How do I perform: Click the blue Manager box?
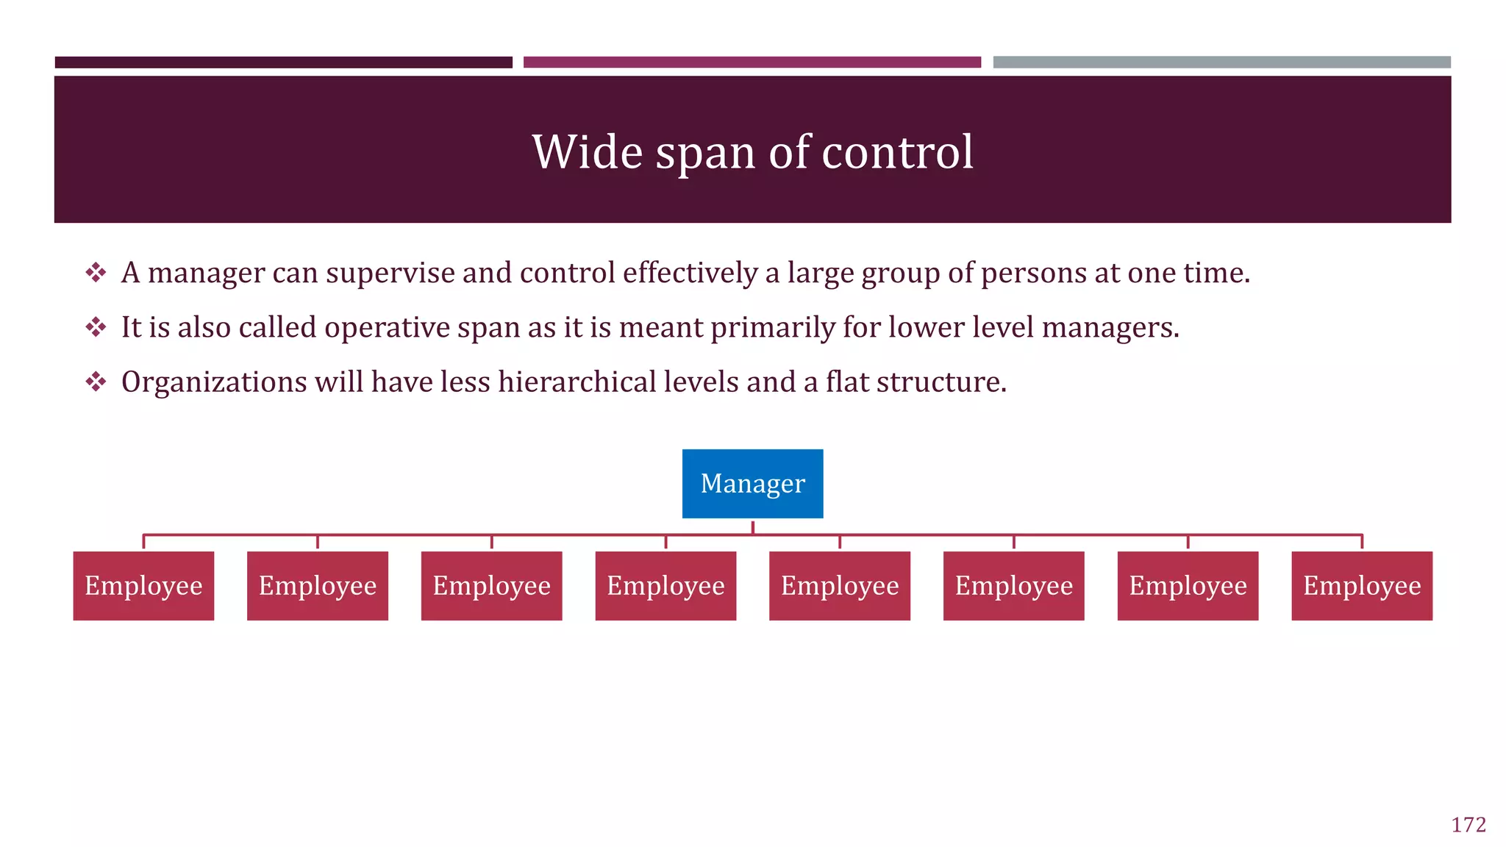point(752,483)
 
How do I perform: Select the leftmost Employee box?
point(143,585)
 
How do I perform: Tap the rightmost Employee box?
point(1361,585)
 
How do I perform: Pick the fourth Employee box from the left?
point(665,585)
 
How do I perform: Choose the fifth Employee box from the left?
point(839,585)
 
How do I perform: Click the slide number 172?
point(1468,825)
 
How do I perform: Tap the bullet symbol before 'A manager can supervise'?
point(96,273)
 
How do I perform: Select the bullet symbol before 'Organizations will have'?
point(96,382)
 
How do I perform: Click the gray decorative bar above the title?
point(1221,62)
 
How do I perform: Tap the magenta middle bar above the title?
point(752,62)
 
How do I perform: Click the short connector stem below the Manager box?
point(752,526)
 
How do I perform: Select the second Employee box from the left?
point(318,585)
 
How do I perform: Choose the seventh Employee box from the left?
point(1188,585)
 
